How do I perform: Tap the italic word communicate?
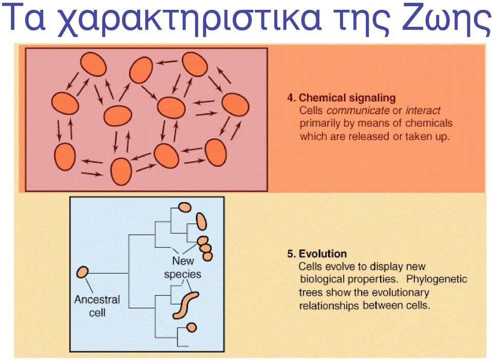358,110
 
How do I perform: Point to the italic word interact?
423,110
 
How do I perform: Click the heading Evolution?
323,254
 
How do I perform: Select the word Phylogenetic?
437,279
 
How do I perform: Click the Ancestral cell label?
97,306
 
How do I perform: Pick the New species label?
183,267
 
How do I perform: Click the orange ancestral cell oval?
82,272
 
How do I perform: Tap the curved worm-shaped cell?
185,305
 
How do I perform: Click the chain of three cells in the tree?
205,249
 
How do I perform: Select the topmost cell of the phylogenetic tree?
184,207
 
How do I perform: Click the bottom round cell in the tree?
192,327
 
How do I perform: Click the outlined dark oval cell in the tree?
201,221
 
